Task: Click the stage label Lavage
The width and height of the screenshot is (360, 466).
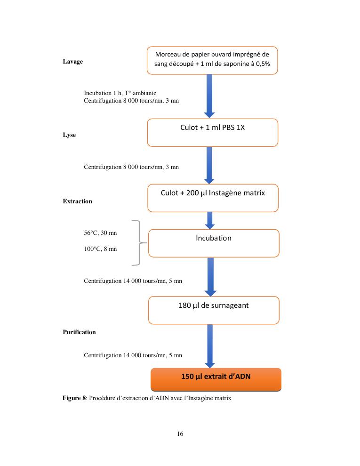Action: tap(72, 62)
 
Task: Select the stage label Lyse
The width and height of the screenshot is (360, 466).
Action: tap(69, 135)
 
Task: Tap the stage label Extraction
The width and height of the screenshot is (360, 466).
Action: tap(77, 201)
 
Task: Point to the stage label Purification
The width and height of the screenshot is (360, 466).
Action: tap(79, 332)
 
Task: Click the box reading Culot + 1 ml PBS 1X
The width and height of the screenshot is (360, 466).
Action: tap(212, 133)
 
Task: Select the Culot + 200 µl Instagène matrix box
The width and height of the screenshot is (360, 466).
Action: tap(213, 198)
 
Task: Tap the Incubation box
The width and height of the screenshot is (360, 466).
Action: tap(214, 243)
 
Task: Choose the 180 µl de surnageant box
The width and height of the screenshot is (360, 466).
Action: tap(214, 310)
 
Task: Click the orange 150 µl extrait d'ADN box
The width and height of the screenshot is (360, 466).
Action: tap(216, 379)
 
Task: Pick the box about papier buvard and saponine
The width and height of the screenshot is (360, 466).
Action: tap(212, 60)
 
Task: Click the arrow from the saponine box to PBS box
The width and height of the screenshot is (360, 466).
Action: tap(209, 96)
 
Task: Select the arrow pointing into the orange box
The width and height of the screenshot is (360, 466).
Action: tap(209, 346)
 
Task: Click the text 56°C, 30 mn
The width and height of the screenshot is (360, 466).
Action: tap(97, 233)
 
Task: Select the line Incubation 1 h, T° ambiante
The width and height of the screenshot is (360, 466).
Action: tap(120, 93)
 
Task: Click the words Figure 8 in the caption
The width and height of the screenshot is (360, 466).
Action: tap(74, 398)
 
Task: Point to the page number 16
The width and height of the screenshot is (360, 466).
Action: tap(180, 434)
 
